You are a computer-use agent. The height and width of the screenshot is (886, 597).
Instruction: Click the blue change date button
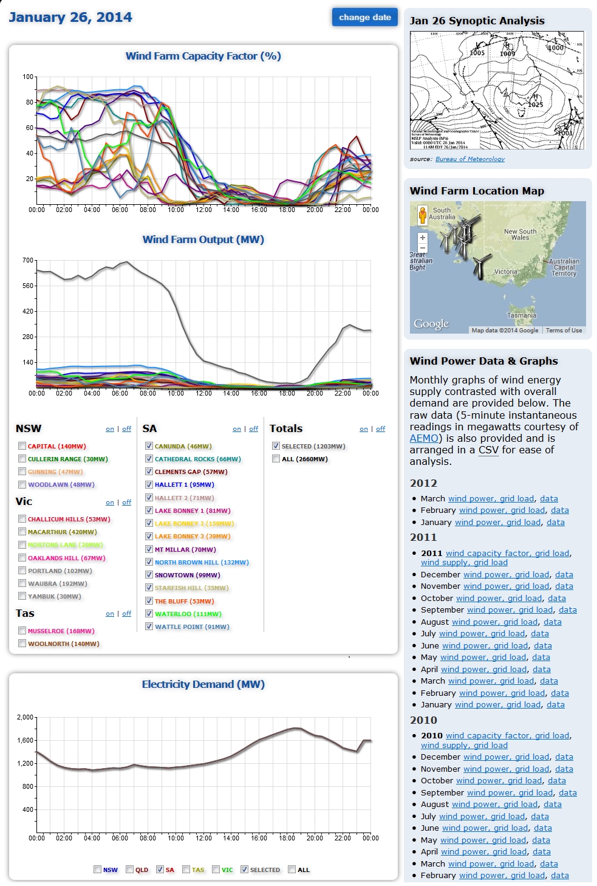[x=364, y=17]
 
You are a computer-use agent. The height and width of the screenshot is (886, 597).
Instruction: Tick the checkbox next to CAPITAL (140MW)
[x=22, y=446]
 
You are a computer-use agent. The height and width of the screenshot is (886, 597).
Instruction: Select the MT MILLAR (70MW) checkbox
[x=149, y=549]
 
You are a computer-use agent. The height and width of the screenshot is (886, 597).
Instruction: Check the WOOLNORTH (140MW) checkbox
[x=22, y=644]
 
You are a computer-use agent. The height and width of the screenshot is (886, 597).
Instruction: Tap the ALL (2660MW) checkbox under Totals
[x=276, y=459]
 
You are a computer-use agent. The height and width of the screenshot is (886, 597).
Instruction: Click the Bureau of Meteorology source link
[x=469, y=159]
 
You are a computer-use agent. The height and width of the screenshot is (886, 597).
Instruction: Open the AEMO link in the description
[x=424, y=438]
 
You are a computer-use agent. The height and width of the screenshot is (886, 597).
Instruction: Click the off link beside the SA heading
[x=253, y=429]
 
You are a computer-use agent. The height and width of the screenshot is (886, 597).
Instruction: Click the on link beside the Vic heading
[x=110, y=503]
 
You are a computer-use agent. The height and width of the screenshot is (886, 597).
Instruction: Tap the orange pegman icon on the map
[x=423, y=215]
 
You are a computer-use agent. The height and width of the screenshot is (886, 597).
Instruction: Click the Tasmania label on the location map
[x=522, y=315]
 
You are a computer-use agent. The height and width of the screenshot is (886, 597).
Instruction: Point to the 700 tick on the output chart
[x=28, y=260]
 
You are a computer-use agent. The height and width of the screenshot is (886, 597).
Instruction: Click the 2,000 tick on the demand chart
[x=26, y=717]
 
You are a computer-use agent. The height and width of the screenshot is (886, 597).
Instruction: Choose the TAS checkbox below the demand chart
[x=186, y=870]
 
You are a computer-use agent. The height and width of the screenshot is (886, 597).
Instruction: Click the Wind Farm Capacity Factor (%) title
[x=203, y=56]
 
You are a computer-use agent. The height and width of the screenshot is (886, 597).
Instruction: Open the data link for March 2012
[x=548, y=498]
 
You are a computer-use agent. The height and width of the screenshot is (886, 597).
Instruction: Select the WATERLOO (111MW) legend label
[x=188, y=614]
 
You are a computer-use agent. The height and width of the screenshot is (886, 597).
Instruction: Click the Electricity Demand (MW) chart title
[x=203, y=684]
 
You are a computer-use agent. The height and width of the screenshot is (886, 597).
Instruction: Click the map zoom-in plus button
[x=423, y=238]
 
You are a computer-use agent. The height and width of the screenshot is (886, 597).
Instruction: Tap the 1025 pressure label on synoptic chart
[x=535, y=105]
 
